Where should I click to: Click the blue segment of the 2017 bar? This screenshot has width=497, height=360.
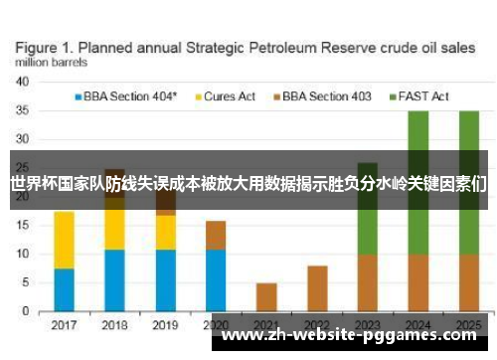(x=64, y=289)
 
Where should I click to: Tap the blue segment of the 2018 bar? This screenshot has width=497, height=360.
(x=114, y=280)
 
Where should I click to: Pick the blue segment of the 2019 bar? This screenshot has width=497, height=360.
(x=165, y=280)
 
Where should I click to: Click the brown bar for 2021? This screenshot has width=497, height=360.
(x=266, y=296)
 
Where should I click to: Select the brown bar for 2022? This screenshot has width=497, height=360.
(x=317, y=288)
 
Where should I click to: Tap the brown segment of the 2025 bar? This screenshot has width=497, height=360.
(x=468, y=282)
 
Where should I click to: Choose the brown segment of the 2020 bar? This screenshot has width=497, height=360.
(x=216, y=235)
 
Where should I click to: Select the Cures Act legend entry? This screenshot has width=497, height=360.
(x=230, y=96)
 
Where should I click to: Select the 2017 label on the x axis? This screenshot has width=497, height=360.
(x=64, y=324)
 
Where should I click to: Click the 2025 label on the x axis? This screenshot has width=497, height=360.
(x=468, y=324)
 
